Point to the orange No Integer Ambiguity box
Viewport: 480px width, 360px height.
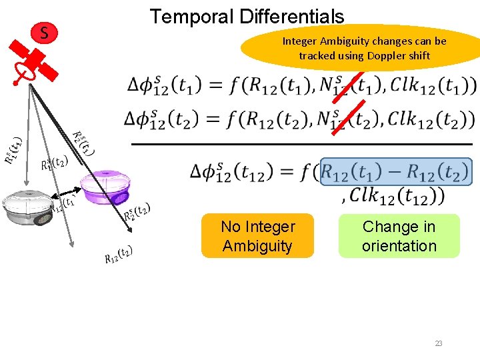257,236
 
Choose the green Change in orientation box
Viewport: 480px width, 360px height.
399,236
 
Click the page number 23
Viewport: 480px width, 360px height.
439,343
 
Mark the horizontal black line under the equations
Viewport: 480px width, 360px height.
301,143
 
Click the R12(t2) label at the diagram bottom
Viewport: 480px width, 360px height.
119,255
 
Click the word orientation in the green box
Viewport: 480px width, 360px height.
399,246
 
